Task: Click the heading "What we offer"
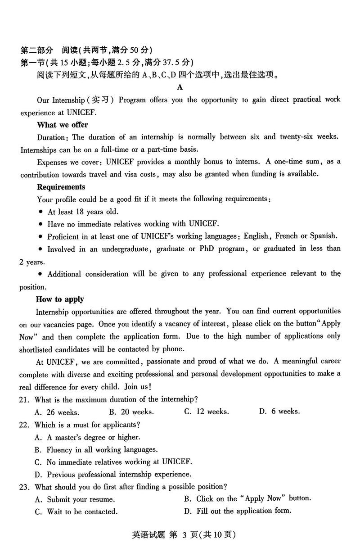63,125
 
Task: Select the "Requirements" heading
61,187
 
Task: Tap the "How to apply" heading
60,299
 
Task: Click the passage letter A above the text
180,87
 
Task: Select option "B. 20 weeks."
131,412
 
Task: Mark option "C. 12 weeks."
206,412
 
